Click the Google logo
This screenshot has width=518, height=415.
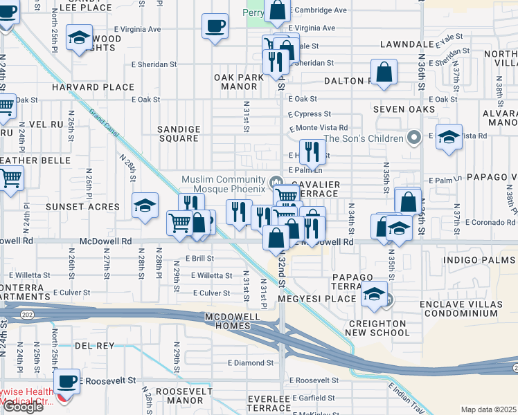click(23, 406)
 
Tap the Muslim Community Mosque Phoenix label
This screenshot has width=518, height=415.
click(224, 184)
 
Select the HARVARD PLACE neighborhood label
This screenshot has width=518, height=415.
click(102, 87)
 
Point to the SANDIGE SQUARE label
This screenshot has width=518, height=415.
click(179, 133)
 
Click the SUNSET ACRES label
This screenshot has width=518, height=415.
click(83, 207)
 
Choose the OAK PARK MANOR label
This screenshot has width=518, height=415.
click(239, 82)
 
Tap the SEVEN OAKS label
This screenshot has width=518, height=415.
click(404, 109)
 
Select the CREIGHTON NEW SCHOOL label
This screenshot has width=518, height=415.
click(378, 328)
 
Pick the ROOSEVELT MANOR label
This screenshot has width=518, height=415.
click(179, 396)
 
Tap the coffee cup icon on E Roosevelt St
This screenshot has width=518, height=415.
click(66, 380)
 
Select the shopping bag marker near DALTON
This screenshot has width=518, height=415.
click(383, 72)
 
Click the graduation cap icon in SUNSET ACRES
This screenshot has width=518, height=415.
click(144, 206)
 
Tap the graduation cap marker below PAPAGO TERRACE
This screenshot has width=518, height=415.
click(374, 295)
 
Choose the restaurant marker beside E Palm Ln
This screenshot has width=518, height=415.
click(312, 151)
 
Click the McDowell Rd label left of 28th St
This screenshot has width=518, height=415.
click(105, 241)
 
